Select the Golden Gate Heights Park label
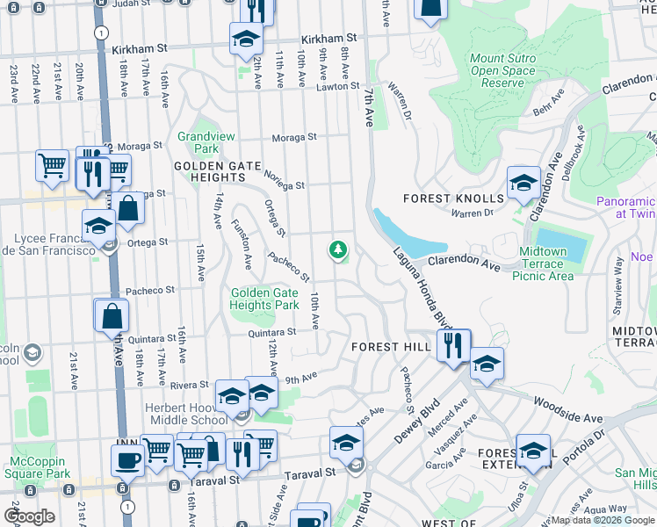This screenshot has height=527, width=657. (x=264, y=299)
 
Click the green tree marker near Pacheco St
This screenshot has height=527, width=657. (x=337, y=251)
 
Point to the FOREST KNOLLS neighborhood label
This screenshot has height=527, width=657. (x=454, y=199)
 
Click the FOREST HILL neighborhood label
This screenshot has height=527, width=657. (x=391, y=347)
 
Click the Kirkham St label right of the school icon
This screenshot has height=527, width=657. (x=328, y=39)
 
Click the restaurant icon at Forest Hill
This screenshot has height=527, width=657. (x=453, y=344)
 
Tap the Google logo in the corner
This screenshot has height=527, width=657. (x=29, y=516)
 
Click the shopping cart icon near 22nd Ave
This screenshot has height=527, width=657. (x=52, y=165)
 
